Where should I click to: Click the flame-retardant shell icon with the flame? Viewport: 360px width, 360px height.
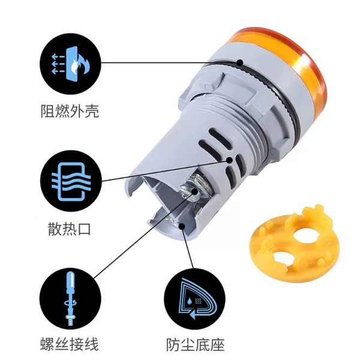tap(70, 64)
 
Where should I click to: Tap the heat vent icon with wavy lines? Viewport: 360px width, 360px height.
tap(70, 181)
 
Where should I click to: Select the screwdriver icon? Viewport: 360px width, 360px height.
tap(70, 298)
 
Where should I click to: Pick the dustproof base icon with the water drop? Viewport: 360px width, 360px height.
tap(194, 298)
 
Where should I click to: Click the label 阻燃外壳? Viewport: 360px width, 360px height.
tap(70, 111)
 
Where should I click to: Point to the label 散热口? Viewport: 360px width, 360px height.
tap(69, 229)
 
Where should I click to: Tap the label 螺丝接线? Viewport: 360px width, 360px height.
tap(70, 344)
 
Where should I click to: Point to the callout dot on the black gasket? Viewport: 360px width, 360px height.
tap(240, 62)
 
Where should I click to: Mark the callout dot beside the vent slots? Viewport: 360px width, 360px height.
tap(229, 160)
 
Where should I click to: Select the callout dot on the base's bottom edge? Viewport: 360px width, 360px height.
tap(182, 226)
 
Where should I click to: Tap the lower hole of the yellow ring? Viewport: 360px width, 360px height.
tap(284, 258)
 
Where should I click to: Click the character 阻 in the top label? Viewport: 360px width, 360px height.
tap(48, 112)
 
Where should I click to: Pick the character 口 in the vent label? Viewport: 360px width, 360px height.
tap(84, 229)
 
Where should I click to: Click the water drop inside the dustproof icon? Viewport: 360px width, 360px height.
tap(190, 301)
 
